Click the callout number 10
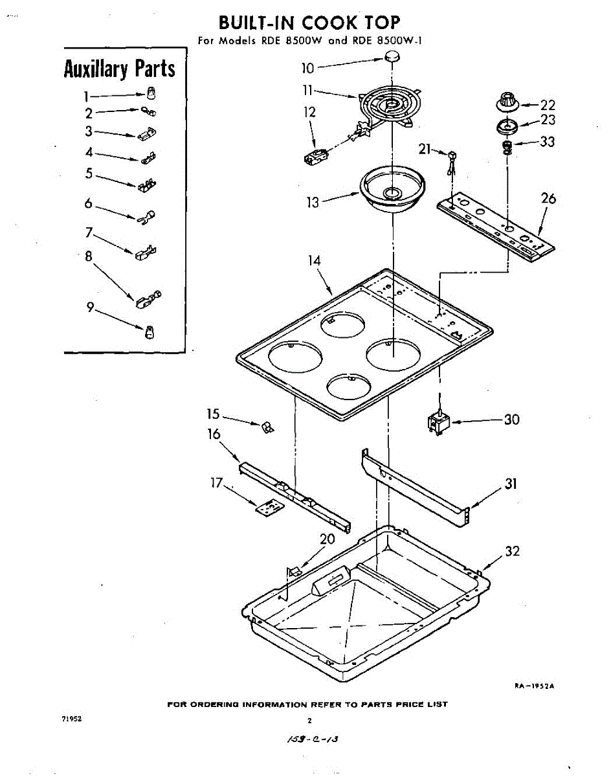click(308, 68)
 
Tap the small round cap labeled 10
click(390, 59)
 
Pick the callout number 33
click(547, 142)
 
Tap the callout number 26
click(548, 199)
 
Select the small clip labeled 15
click(267, 427)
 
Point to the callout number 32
click(513, 551)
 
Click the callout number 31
click(511, 484)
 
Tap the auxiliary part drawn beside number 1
click(150, 91)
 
